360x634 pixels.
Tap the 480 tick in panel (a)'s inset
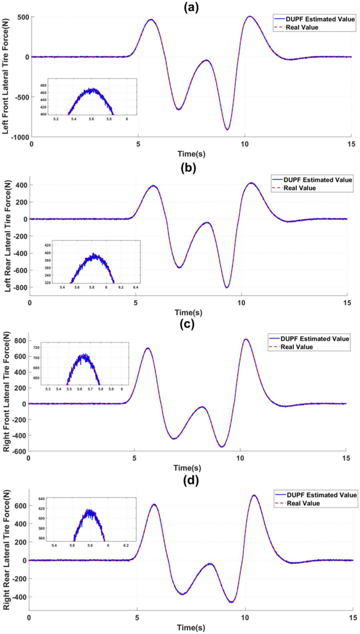point(43,85)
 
